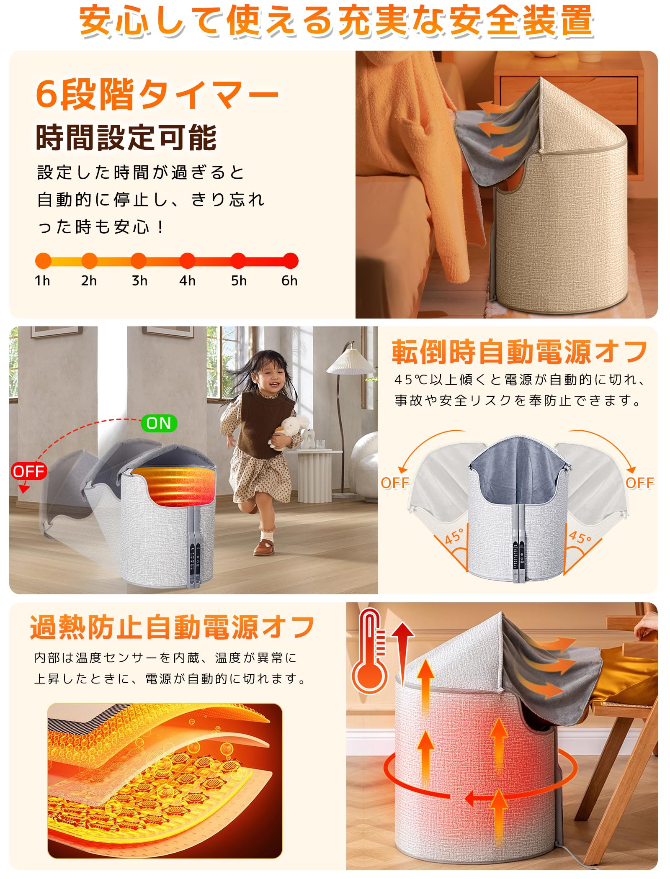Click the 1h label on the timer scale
[42, 280]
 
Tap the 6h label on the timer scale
[289, 280]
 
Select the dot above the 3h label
[139, 260]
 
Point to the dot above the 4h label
[188, 260]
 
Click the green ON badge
[159, 423]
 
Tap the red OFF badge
[28, 471]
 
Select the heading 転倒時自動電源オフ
[519, 352]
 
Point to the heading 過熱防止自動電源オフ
[172, 627]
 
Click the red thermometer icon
[369, 653]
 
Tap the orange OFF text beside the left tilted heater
[394, 483]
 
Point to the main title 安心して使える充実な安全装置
[335, 21]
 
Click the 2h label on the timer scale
[89, 280]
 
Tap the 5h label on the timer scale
[239, 280]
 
